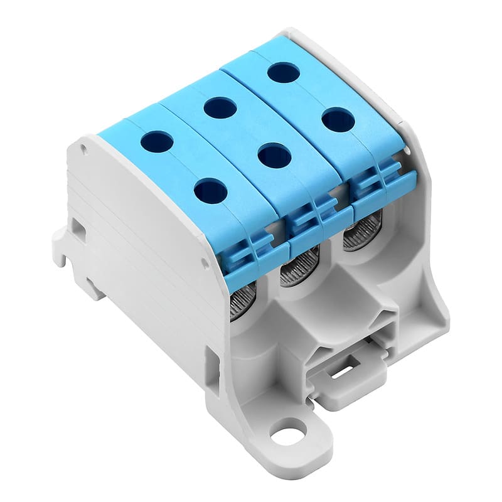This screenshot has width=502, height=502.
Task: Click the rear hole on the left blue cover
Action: coord(157,142)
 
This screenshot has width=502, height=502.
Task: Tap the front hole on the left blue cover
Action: coord(211,190)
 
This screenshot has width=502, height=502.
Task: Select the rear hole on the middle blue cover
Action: coord(220,108)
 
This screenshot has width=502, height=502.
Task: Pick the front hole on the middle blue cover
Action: coord(274,155)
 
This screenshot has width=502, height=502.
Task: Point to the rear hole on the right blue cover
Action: coord(284,72)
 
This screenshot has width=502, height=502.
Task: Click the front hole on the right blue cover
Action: coord(338,119)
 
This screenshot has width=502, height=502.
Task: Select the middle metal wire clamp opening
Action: coord(299,267)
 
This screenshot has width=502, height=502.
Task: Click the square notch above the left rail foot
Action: coord(79,229)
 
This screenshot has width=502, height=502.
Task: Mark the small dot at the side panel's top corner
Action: coord(83,148)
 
